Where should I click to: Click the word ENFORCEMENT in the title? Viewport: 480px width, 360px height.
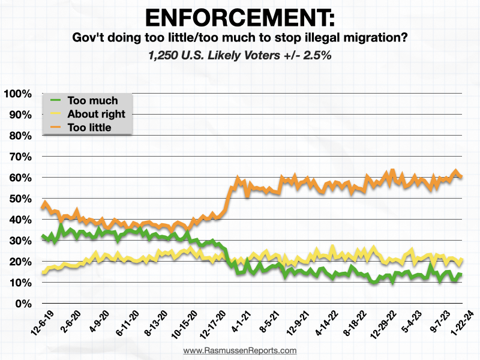[239, 16]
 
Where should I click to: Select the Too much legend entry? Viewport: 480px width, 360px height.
[92, 100]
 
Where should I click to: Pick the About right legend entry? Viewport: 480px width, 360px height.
[97, 114]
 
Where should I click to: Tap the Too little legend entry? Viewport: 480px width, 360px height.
[93, 127]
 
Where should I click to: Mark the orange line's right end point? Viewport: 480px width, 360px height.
[461, 176]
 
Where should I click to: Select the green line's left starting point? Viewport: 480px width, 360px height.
[41, 236]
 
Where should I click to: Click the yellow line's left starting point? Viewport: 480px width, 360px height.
[42, 273]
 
